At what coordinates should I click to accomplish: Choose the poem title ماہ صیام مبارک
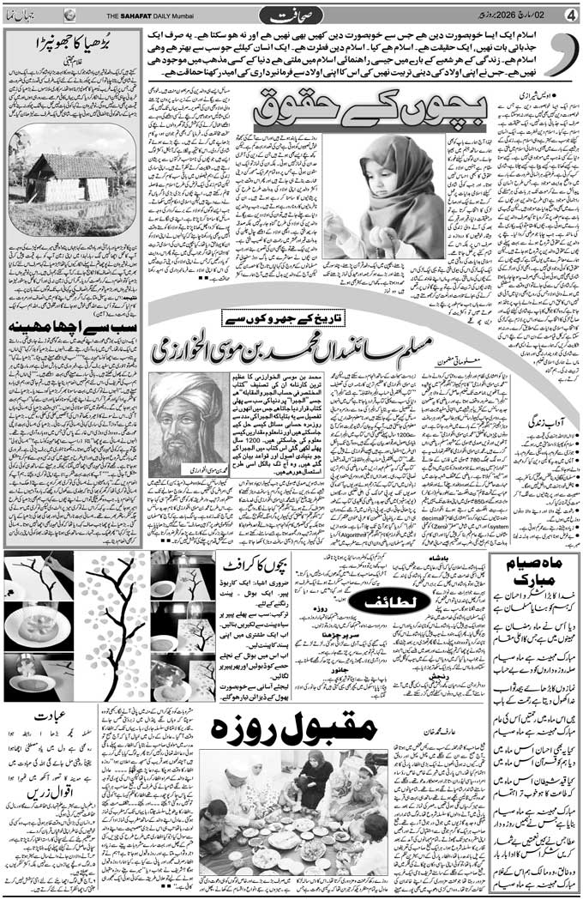(x=532, y=576)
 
